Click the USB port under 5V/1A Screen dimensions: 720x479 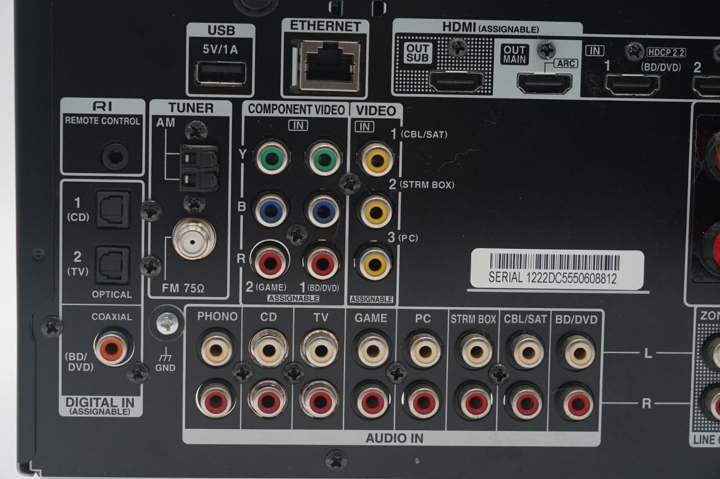(x=221, y=73)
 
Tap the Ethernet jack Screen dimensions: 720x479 (x=328, y=65)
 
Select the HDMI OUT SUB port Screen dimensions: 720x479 (x=456, y=82)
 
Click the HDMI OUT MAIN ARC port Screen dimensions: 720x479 (x=544, y=83)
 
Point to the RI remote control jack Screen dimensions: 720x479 (x=115, y=157)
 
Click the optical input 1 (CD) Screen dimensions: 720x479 (x=113, y=209)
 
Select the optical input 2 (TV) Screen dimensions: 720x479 (x=113, y=264)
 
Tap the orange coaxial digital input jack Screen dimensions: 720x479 (x=112, y=347)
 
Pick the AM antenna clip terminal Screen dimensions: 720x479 (x=199, y=167)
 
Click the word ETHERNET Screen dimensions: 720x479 (x=325, y=26)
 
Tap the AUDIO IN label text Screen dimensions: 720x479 (x=394, y=438)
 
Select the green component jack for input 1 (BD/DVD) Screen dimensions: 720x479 (x=323, y=158)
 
